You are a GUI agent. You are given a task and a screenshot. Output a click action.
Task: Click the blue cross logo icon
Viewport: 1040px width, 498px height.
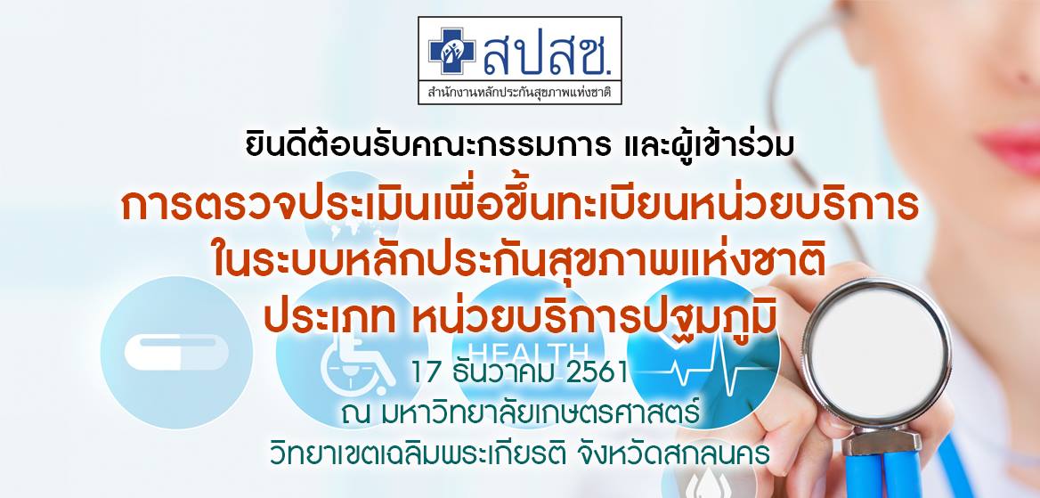pos(452,51)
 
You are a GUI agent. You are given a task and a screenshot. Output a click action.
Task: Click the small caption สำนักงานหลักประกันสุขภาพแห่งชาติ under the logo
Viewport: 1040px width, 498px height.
pos(519,91)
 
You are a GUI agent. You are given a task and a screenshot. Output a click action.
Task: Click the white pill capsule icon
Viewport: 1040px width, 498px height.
pos(176,352)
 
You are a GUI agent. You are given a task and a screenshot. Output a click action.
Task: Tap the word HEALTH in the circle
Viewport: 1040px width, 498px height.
pos(527,351)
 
